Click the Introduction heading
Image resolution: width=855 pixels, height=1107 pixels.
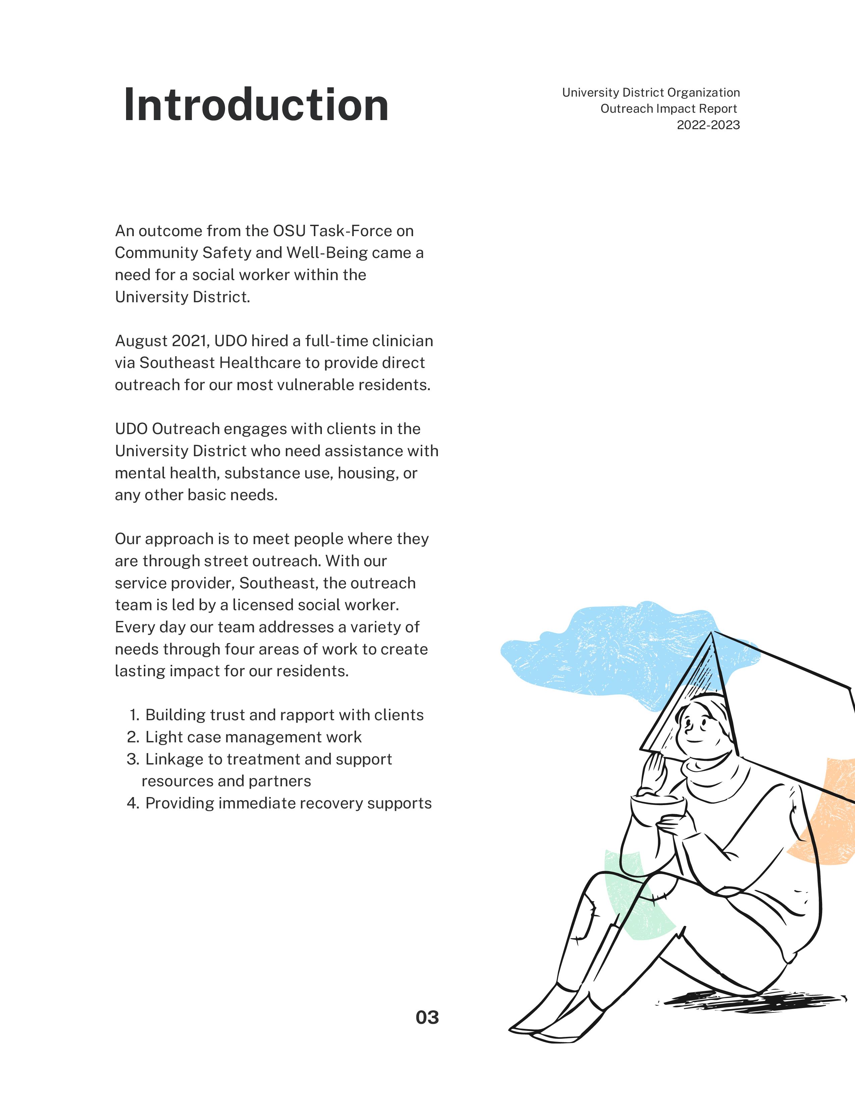tap(256, 105)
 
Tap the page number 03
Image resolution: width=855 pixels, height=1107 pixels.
tap(427, 1017)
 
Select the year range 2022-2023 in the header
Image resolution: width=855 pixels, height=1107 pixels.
tap(708, 125)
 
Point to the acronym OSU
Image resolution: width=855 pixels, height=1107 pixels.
tap(289, 231)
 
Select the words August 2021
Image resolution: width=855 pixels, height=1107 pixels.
tap(161, 341)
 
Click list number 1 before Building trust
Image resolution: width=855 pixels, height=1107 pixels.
tap(134, 715)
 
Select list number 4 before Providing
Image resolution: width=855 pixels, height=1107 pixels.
tap(133, 803)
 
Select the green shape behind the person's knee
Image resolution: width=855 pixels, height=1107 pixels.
tap(633, 907)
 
